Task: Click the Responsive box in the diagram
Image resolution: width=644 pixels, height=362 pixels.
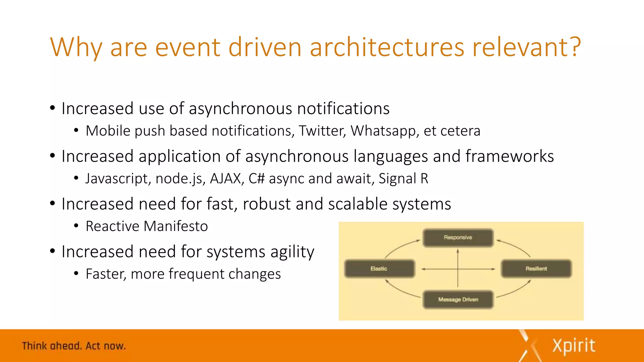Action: coord(458,238)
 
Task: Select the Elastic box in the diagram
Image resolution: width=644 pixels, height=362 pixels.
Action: coord(379,269)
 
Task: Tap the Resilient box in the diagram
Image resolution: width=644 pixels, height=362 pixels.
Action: coord(536,269)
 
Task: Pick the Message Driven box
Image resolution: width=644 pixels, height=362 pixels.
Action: coord(458,299)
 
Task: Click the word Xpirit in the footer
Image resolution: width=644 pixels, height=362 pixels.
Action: coord(574,346)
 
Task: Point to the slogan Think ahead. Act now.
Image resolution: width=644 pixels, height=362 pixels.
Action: coord(74,346)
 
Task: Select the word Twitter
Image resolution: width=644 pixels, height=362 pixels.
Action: coord(322,131)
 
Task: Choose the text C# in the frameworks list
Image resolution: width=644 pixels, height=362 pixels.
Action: coord(257,178)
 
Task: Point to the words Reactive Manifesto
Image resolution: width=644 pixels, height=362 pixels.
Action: coord(147,226)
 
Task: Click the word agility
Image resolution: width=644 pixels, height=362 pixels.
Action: coord(292,252)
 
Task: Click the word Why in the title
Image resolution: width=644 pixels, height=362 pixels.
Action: coord(76,47)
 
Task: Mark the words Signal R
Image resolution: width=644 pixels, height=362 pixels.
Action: coord(403,178)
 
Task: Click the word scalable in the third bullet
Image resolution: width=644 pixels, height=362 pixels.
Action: coord(358,204)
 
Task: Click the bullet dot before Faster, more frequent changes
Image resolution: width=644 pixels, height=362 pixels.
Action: coord(76,274)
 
